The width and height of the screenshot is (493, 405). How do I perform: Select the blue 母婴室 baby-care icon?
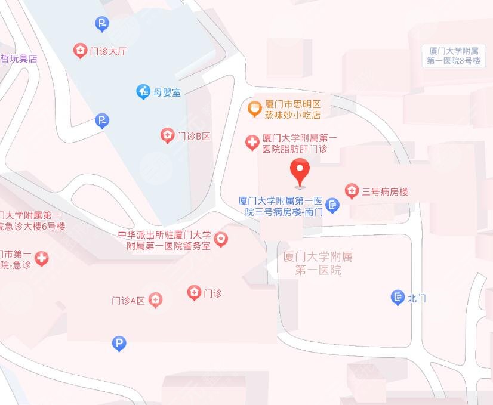[143, 92]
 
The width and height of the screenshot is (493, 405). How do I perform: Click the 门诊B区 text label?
[194, 136]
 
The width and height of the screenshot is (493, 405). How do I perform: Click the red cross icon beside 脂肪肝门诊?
[252, 143]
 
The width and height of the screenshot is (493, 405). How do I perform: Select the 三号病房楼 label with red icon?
[385, 191]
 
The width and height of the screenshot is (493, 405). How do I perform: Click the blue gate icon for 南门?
[333, 206]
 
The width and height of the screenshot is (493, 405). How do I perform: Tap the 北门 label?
[417, 298]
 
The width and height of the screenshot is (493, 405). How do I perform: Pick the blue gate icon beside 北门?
[398, 298]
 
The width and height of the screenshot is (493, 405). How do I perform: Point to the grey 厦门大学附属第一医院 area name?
[318, 263]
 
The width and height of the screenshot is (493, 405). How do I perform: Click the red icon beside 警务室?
[221, 240]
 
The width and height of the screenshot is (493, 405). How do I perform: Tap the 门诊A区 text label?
[128, 300]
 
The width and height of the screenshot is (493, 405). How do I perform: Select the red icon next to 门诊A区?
[155, 299]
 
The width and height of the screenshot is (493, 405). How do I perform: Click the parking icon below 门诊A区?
[119, 343]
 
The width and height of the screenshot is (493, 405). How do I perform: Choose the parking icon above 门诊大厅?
[102, 24]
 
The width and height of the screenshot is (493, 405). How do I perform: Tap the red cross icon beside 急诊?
[41, 259]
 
